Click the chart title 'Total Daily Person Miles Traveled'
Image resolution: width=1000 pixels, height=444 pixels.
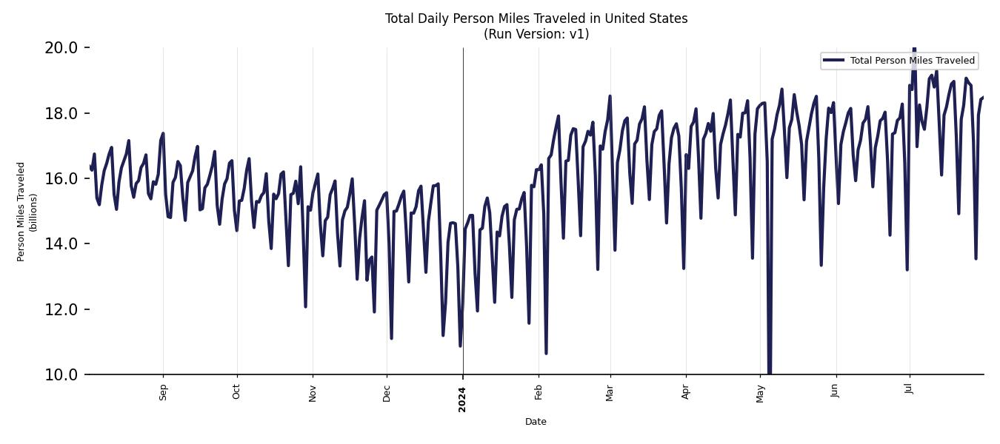tap(536, 18)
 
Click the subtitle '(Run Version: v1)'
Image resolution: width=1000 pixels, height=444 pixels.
tap(536, 34)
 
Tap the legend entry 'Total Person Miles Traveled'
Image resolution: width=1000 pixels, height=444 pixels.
tap(912, 61)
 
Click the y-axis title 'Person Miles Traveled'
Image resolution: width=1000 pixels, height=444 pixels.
tap(21, 211)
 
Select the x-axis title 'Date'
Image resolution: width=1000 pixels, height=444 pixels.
tap(536, 422)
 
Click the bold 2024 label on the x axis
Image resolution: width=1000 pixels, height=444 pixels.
tap(462, 400)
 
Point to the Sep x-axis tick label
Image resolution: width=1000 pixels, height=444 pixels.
tap(164, 392)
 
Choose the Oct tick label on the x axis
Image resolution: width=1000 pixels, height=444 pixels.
tap(237, 392)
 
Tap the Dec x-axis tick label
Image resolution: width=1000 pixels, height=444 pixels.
tap(387, 392)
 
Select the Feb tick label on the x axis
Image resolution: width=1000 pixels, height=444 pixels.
tap(539, 392)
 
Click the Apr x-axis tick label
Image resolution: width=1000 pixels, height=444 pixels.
tap(686, 392)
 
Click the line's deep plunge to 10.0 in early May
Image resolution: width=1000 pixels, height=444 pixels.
tap(770, 370)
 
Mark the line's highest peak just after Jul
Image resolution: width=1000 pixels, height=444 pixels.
tap(914, 50)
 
